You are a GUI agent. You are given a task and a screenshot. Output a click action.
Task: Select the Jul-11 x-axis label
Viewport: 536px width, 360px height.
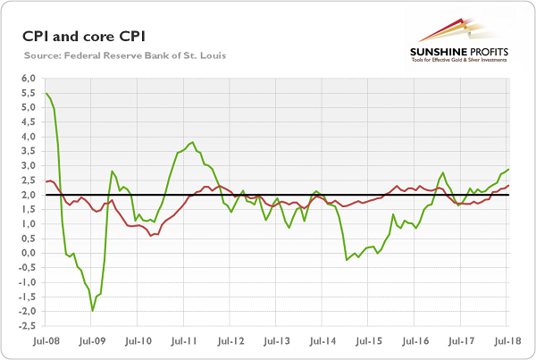click(x=183, y=340)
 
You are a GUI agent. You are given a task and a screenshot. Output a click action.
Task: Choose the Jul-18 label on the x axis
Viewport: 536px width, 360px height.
click(x=507, y=340)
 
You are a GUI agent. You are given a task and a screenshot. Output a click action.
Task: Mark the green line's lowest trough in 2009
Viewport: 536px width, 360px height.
click(x=92, y=310)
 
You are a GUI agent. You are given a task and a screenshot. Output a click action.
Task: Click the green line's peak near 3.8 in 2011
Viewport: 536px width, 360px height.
click(x=194, y=142)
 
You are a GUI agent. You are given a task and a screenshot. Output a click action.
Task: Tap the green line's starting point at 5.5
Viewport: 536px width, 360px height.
click(x=46, y=93)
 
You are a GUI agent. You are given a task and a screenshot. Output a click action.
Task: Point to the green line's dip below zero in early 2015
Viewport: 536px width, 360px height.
click(x=347, y=260)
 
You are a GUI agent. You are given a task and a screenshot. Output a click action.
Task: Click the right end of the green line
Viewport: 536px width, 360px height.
click(x=509, y=169)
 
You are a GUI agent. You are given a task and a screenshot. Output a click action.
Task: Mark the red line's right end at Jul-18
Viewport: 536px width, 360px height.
click(x=509, y=186)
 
